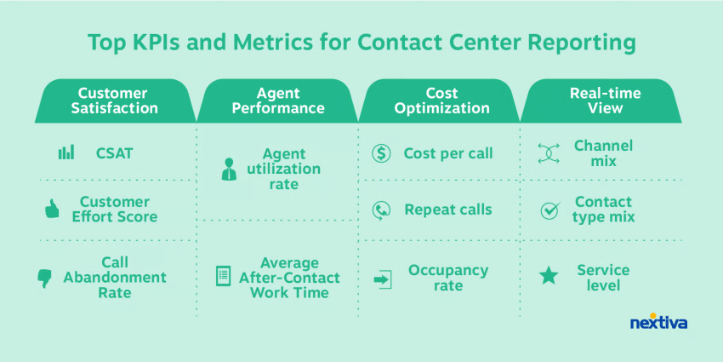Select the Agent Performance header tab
[x=278, y=101]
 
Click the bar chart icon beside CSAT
[x=66, y=152]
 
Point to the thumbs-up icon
[x=52, y=210]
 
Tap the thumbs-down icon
[x=44, y=279]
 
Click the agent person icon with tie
[x=229, y=169]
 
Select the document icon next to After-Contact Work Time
[x=223, y=276]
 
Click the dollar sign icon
[x=381, y=153]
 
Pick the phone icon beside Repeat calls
[x=381, y=210]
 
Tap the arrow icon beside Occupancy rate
[x=383, y=280]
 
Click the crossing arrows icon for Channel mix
[x=549, y=153]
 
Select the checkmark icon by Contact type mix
[x=550, y=210]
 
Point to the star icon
[x=549, y=276]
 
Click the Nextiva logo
[x=658, y=322]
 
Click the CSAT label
[x=114, y=153]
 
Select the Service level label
[x=603, y=278]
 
